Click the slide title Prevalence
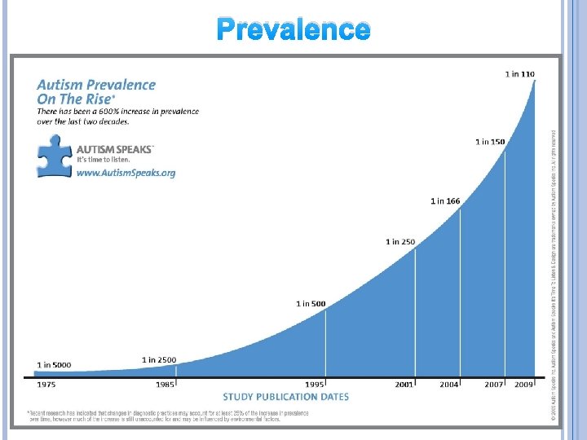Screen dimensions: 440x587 click(293, 29)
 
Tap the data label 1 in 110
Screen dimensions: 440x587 click(520, 74)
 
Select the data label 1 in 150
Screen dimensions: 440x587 click(490, 142)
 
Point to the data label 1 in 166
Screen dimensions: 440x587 click(445, 200)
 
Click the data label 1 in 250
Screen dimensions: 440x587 click(400, 242)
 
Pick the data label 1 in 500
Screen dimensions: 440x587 click(311, 304)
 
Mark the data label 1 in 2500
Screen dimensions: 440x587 click(158, 359)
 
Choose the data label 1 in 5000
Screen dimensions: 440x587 click(53, 364)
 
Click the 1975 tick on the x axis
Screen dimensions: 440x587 click(46, 384)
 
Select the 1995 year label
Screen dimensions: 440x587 click(316, 384)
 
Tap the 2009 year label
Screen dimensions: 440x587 click(523, 384)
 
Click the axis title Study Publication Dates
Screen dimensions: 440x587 click(285, 397)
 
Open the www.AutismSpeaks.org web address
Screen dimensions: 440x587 click(126, 173)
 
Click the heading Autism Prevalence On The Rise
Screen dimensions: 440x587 click(95, 91)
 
